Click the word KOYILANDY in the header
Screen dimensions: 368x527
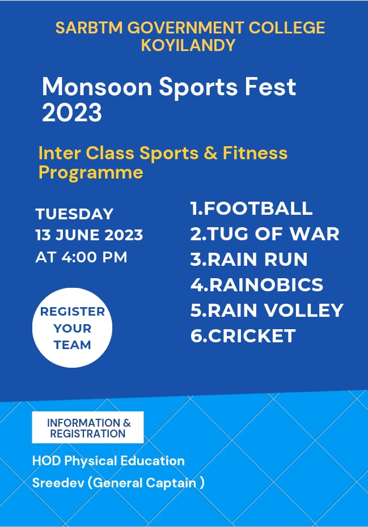pos(188,45)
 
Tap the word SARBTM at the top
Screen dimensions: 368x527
pos(89,28)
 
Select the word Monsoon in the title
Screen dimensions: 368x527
pos(97,87)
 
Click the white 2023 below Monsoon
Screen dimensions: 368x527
pos(71,112)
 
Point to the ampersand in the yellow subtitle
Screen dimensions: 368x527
pos(210,153)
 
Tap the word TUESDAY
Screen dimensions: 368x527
pos(75,214)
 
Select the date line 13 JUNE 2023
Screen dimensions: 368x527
pos(89,235)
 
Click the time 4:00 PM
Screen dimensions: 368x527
pos(94,257)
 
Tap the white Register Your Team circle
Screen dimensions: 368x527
pos(73,328)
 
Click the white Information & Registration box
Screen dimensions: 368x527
pos(88,427)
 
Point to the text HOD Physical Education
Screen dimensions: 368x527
pos(108,461)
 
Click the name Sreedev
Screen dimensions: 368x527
pos(58,483)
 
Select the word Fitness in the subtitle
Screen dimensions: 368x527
pos(255,153)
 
